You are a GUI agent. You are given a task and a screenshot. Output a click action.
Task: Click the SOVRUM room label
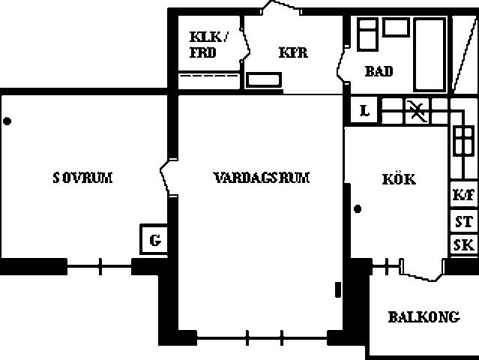coord(82,178)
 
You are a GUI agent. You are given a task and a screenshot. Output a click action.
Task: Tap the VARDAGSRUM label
coord(262,178)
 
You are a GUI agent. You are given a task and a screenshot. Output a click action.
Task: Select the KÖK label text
coord(399,178)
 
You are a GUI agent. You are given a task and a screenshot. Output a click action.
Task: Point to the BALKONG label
coord(424,317)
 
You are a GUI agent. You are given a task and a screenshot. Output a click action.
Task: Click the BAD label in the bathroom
coord(379,71)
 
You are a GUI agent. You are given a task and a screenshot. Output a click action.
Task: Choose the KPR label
coord(293,52)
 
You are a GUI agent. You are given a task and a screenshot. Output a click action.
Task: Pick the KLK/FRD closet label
coord(208,44)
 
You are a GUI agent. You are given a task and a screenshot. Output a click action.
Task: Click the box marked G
coord(154,239)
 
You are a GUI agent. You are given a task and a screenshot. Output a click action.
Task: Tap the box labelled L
coord(364,110)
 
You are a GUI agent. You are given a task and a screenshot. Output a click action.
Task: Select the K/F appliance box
coord(464,194)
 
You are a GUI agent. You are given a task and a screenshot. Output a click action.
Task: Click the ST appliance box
coord(464,221)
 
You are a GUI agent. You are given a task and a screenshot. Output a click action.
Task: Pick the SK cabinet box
coord(464,245)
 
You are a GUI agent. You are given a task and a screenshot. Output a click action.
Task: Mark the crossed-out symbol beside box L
coord(417,110)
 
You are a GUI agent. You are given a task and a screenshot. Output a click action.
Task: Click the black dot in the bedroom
coord(7,121)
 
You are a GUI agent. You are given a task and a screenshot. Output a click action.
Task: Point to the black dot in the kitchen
coord(358,208)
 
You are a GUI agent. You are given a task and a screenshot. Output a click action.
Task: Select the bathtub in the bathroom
coord(430,55)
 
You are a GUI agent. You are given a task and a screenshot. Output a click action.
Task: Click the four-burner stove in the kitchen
coord(464,141)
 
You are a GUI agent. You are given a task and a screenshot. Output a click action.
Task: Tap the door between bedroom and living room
coord(165,177)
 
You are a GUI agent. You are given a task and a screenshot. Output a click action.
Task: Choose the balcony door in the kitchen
coord(422,270)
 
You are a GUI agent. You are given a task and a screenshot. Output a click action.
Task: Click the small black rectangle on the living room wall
coord(338,289)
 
